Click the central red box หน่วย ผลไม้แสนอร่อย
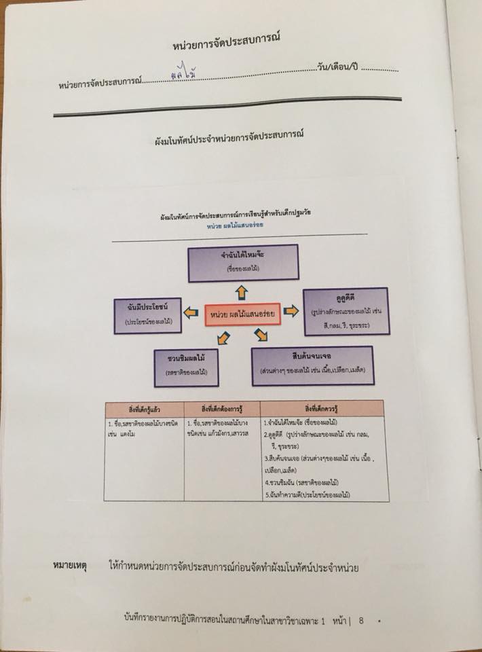pos(242,314)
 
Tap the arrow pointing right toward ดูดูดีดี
pos(291,311)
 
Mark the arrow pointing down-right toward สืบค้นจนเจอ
pos(261,334)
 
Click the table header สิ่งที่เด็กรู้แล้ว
pos(144,408)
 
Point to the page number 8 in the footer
pos(362,620)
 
